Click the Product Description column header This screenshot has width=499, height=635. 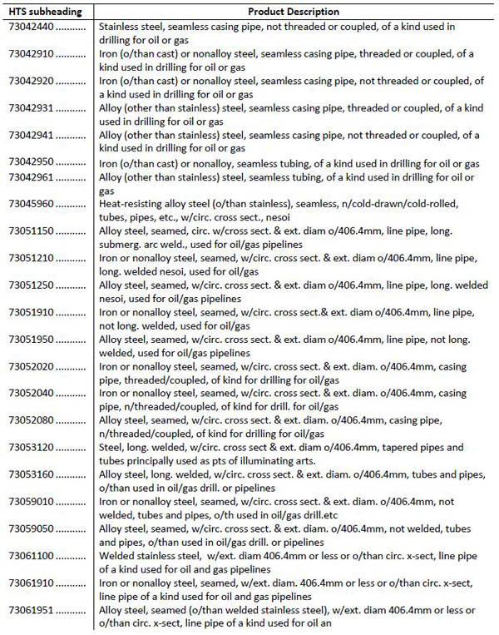[x=294, y=12]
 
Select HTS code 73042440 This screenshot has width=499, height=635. [x=30, y=27]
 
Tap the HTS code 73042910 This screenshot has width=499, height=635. [x=30, y=54]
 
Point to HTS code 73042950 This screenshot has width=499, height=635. [x=30, y=163]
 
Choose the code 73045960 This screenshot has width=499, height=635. [x=30, y=204]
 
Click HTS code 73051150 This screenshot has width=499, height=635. [x=30, y=231]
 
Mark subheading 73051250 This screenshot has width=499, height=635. [x=30, y=285]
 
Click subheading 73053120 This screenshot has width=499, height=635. [x=30, y=447]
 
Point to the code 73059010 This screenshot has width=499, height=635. [x=30, y=502]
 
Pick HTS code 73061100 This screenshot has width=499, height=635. [x=30, y=556]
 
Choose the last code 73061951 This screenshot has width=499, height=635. [x=30, y=610]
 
